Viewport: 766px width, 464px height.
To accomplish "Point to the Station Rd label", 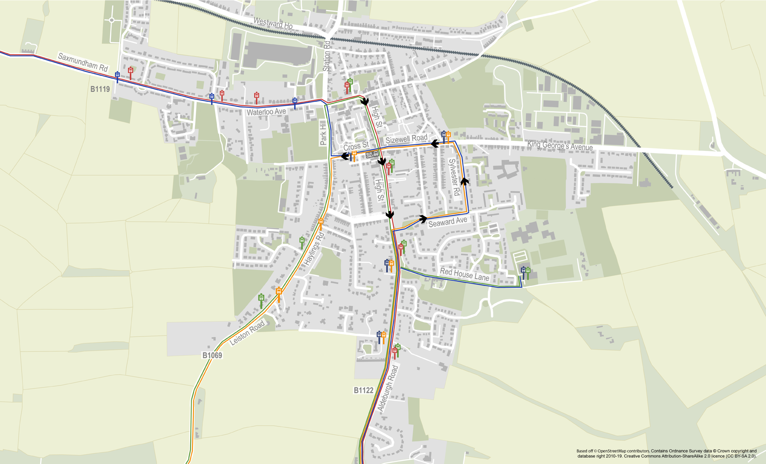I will click(x=326, y=56).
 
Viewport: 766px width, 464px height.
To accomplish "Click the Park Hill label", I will click(x=323, y=133).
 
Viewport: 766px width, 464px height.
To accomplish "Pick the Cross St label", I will click(x=356, y=146).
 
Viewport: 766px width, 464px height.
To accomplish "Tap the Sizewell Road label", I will click(x=406, y=139).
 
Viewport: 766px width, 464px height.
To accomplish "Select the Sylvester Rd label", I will click(x=454, y=177).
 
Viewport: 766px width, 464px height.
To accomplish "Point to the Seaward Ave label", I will click(x=448, y=222).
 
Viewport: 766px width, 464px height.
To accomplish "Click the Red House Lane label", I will click(x=464, y=274).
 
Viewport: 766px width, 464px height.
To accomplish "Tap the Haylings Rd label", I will click(x=314, y=249).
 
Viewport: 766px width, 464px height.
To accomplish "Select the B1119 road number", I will click(x=100, y=89).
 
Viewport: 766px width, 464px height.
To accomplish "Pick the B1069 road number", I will click(x=212, y=355).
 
